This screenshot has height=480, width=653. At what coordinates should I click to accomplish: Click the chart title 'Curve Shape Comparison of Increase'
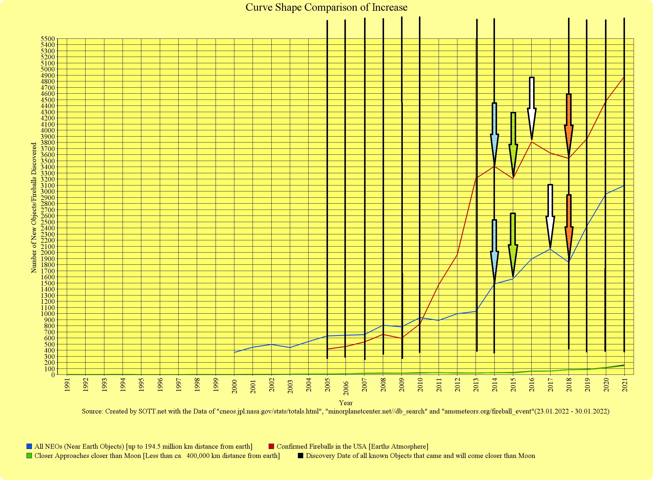coord(326,7)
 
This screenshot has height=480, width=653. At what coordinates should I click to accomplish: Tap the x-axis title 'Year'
coord(346,403)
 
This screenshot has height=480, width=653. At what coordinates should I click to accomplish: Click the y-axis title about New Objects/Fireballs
coord(34,208)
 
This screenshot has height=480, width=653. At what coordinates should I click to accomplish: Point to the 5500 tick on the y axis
coord(48,39)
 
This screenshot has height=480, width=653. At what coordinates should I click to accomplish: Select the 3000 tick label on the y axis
coord(48,191)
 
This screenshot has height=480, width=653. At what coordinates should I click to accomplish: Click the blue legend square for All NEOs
coord(29,446)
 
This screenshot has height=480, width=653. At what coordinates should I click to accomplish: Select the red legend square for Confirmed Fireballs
coord(271,446)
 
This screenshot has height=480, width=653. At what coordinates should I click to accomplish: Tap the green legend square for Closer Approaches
coord(29,456)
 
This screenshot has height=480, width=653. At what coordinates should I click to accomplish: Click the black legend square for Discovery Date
coord(301,456)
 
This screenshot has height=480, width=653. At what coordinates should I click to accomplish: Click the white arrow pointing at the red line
coord(532,107)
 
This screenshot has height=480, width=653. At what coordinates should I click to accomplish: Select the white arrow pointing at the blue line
coord(550,215)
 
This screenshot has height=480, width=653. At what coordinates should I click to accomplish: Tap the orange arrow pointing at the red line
coord(569,125)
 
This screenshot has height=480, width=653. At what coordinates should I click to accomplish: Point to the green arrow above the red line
coord(513,143)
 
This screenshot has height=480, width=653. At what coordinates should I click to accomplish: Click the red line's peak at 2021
coord(624,77)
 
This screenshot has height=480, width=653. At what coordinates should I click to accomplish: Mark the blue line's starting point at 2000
coord(235,352)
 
